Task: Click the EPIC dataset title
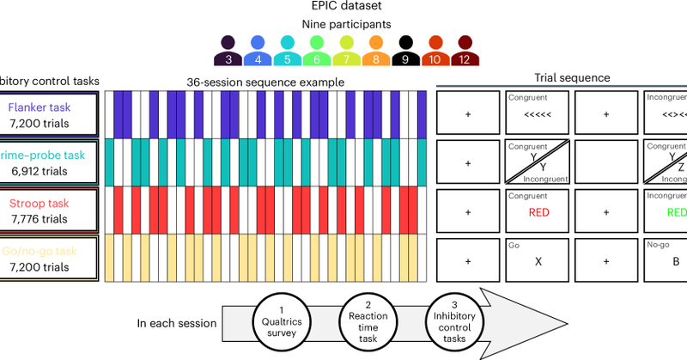pyautogui.click(x=343, y=9)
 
